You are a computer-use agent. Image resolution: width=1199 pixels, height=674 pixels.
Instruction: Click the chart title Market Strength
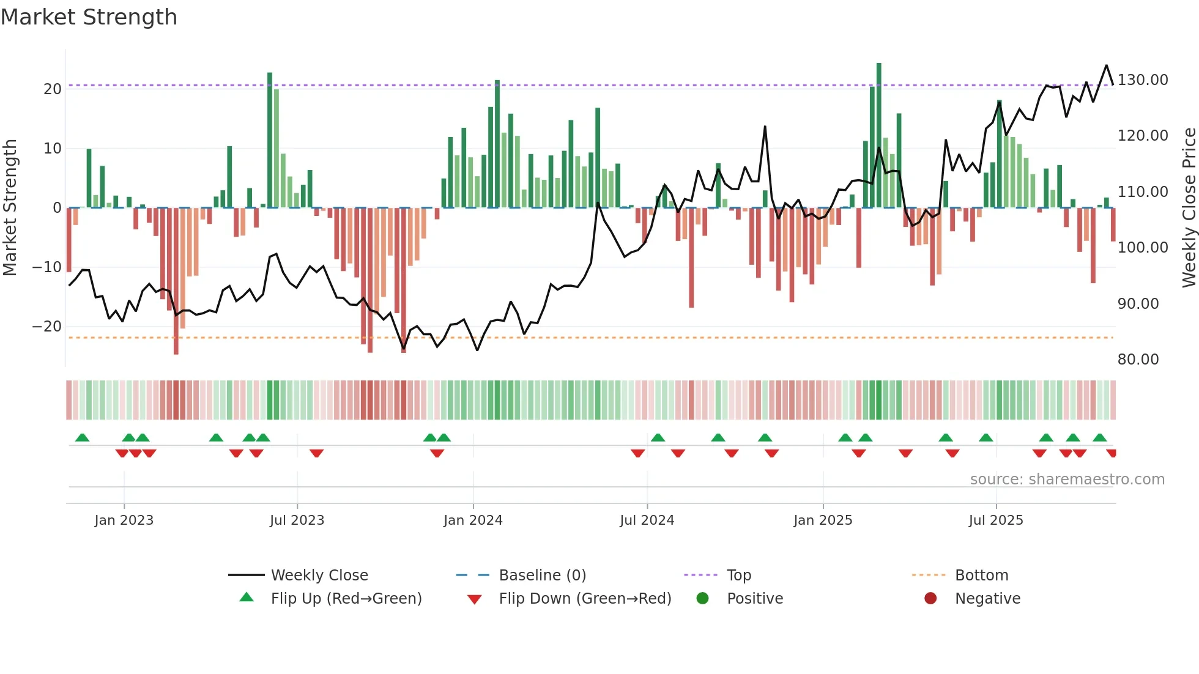tap(89, 17)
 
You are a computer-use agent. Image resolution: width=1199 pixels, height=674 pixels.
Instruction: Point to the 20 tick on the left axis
tap(52, 89)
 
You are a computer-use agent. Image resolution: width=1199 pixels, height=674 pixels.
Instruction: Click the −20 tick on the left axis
tap(47, 327)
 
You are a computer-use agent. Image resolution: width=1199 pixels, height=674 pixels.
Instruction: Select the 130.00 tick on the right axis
tap(1143, 80)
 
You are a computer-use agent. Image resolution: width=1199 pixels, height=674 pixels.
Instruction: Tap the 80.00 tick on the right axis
tap(1138, 360)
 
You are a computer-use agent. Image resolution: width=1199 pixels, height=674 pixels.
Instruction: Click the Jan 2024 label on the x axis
tap(473, 520)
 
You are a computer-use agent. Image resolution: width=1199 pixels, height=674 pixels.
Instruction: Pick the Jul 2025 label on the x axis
tap(995, 520)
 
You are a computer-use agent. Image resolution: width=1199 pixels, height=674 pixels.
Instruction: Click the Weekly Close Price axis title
tap(1189, 208)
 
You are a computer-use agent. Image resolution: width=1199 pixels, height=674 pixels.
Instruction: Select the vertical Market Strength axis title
tap(10, 208)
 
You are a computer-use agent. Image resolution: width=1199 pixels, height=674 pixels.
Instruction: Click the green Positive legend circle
tap(702, 599)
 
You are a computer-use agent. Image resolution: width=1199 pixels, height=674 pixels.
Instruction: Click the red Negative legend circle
tap(930, 599)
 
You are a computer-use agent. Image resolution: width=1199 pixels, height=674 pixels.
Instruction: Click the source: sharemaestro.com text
tap(1067, 480)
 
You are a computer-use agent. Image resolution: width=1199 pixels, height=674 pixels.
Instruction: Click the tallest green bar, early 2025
tap(879, 135)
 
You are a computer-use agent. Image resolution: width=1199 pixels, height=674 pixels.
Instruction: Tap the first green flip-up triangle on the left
tap(82, 437)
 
